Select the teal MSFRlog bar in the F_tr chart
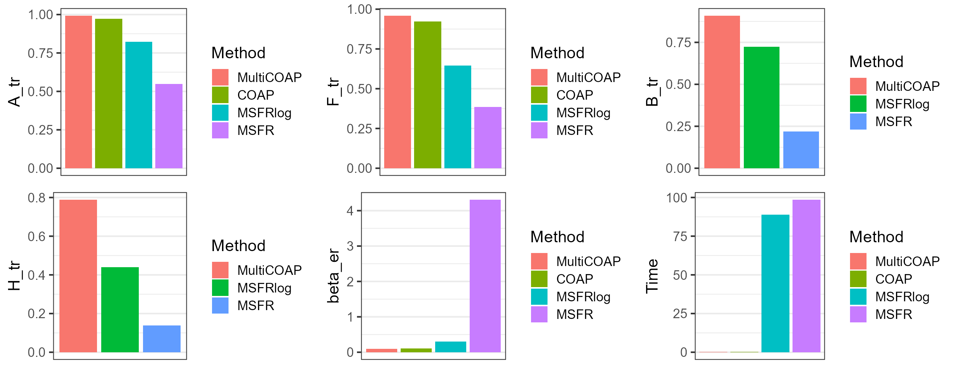(x=457, y=117)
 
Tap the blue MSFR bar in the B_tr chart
(x=801, y=149)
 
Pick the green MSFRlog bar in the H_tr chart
(x=120, y=309)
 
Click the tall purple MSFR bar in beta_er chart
(x=485, y=276)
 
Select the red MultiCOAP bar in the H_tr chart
(x=78, y=276)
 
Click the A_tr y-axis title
(x=14, y=92)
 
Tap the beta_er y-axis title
(x=333, y=276)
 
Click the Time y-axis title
(x=652, y=276)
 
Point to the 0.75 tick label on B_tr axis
(x=678, y=43)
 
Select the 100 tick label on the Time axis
(x=676, y=198)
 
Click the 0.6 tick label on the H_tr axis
(x=36, y=237)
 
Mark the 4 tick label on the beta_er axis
(x=350, y=211)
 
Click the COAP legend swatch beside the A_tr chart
(x=220, y=95)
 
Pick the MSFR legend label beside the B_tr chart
(x=893, y=122)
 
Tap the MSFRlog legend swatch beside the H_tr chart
(x=220, y=288)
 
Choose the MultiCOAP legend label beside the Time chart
(x=907, y=261)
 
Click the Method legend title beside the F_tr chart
(x=557, y=53)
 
